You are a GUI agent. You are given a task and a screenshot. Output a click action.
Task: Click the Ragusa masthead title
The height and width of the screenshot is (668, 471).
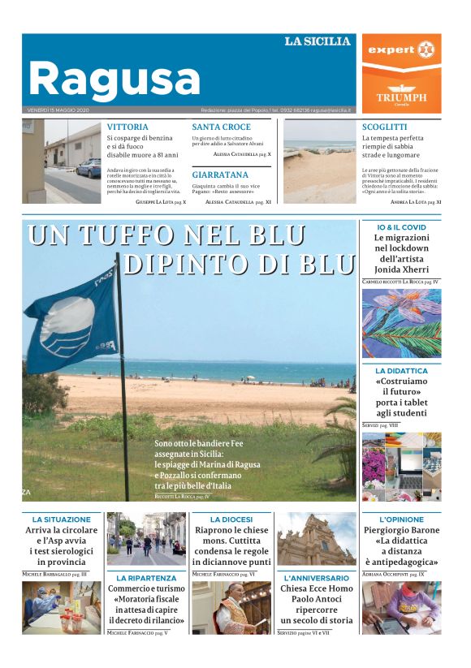click(x=114, y=80)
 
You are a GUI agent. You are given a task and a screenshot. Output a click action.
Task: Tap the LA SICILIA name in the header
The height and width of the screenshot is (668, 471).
click(x=318, y=41)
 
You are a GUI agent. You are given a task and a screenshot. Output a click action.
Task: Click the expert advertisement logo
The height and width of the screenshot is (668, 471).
click(x=401, y=50)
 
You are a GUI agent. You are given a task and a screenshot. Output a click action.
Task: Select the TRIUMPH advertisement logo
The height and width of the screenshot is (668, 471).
click(x=401, y=95)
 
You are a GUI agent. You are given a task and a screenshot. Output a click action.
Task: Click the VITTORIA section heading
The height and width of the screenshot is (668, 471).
click(x=127, y=127)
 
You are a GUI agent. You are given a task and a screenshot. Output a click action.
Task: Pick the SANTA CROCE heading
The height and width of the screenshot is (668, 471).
click(x=221, y=127)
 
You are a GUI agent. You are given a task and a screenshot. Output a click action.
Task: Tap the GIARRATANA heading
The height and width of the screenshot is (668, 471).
click(x=220, y=175)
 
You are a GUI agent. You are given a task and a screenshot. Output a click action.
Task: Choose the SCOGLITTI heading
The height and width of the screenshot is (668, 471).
click(x=385, y=127)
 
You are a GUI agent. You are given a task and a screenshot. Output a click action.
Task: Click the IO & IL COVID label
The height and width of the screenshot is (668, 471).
click(x=401, y=226)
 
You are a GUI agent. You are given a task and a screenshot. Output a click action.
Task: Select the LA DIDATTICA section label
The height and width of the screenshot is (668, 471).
click(x=401, y=371)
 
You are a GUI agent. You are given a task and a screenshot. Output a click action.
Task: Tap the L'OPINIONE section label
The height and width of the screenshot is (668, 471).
click(x=401, y=519)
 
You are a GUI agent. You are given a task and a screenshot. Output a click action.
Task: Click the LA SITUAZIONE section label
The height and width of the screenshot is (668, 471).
click(x=62, y=519)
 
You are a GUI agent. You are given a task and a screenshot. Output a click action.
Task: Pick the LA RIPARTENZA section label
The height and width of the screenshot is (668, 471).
click(x=147, y=578)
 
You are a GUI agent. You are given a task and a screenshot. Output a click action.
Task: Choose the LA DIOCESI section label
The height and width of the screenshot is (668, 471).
click(x=231, y=519)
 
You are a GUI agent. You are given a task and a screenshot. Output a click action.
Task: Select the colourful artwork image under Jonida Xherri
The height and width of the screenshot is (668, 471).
click(x=401, y=323)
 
